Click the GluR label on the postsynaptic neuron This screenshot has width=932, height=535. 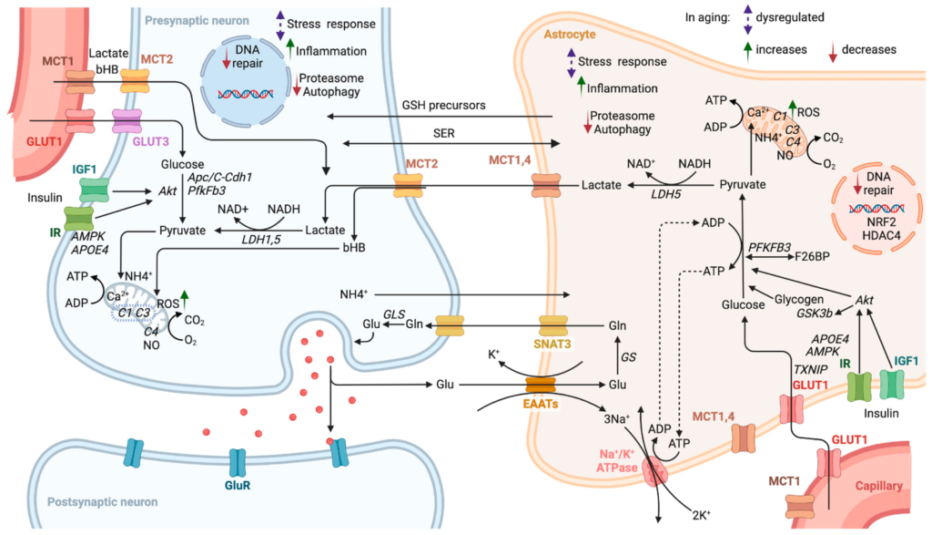(238, 485)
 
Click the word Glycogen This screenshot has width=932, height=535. (798, 300)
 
